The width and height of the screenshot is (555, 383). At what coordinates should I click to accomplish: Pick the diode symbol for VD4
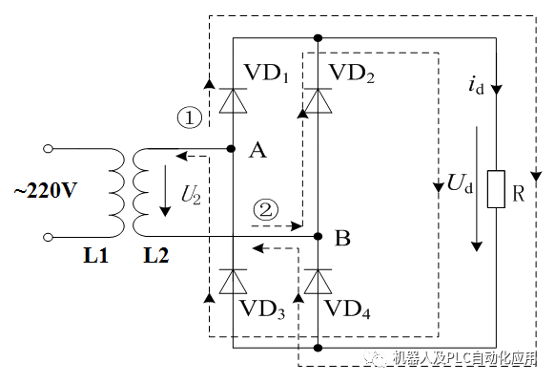tap(317, 281)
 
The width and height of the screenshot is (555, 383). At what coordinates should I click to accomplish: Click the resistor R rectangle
tap(495, 189)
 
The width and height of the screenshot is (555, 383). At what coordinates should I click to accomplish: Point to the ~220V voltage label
tap(44, 190)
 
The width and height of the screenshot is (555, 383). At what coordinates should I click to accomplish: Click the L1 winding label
tap(96, 257)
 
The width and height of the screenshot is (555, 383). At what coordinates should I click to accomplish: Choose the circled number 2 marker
tap(266, 207)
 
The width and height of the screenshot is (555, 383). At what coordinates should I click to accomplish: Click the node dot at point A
tap(233, 149)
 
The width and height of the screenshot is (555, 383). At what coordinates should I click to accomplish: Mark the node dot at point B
tap(317, 234)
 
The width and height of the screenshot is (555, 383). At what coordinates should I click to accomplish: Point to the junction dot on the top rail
tap(317, 38)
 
